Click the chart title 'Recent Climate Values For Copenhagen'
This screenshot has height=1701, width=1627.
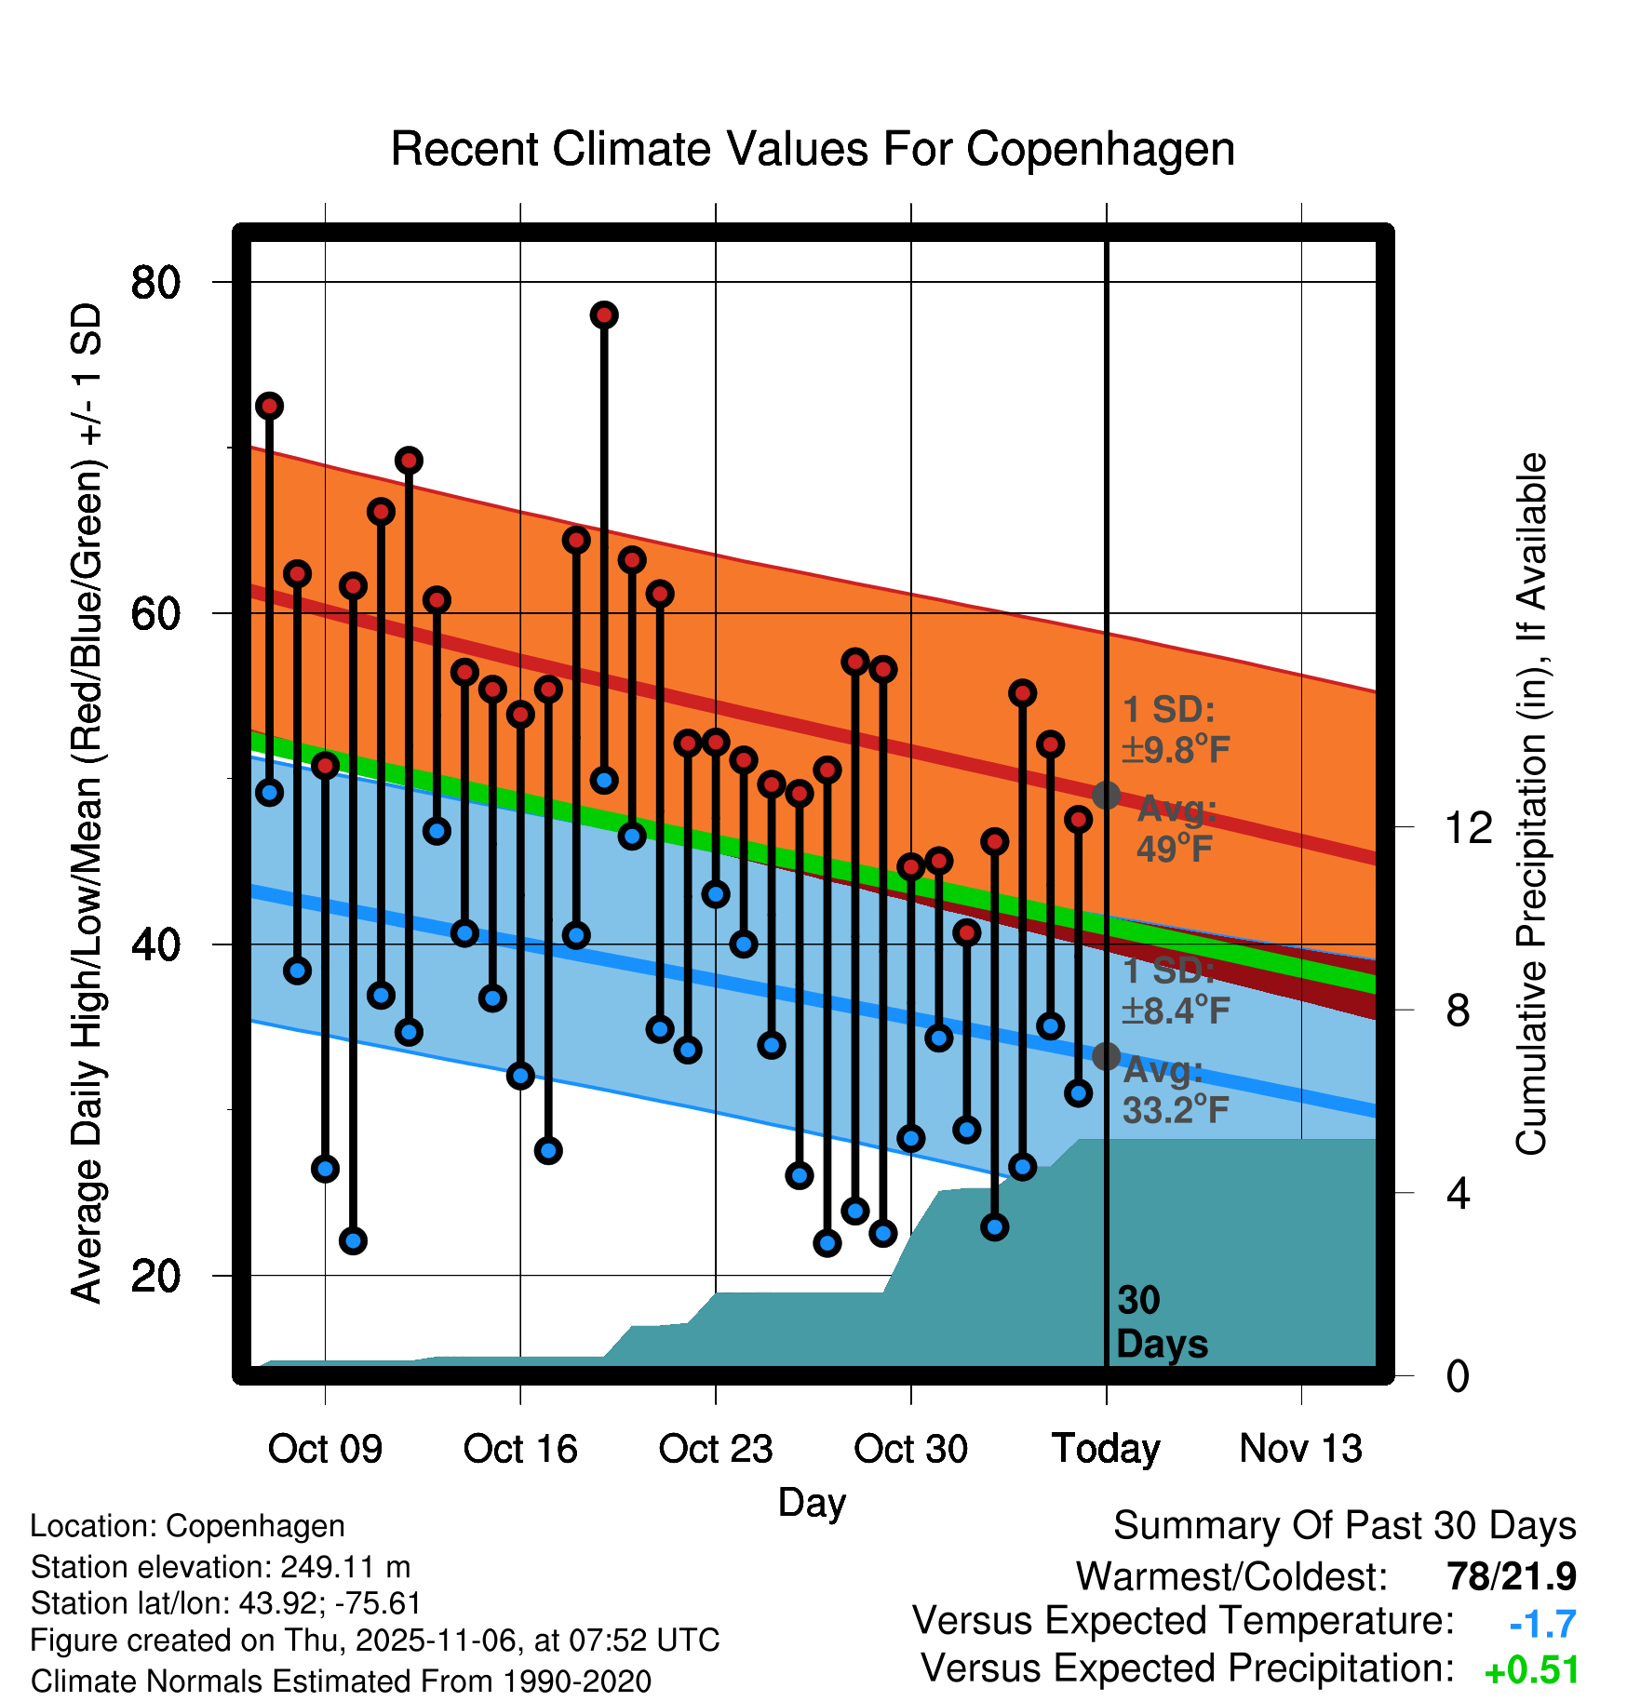click(x=813, y=149)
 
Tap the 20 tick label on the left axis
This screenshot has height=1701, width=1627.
click(x=155, y=1275)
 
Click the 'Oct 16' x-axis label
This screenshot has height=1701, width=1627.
click(x=520, y=1449)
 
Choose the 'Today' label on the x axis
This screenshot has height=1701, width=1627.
click(x=1106, y=1449)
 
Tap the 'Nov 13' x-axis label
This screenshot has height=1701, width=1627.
click(x=1301, y=1449)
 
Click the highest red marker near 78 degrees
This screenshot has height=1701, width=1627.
click(x=604, y=315)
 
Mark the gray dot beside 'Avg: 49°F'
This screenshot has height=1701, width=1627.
click(x=1106, y=796)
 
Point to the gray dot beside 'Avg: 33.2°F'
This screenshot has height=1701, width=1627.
click(x=1106, y=1056)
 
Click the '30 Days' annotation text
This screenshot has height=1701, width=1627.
click(x=1161, y=1322)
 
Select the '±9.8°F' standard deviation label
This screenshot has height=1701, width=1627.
click(x=1176, y=749)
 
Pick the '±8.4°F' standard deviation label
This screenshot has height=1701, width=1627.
click(x=1176, y=1010)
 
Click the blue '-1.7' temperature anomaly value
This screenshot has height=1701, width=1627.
click(x=1542, y=1624)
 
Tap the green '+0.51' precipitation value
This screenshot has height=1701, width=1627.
click(x=1532, y=1670)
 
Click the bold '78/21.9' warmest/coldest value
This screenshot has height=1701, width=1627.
click(x=1512, y=1576)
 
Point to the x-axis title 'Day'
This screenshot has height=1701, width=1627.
click(x=812, y=1502)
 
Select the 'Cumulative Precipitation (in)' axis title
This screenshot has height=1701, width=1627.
click(x=1531, y=805)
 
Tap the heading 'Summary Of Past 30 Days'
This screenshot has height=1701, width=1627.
click(x=1345, y=1526)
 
